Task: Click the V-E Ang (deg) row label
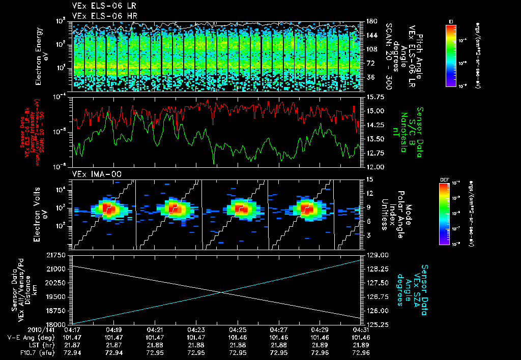pyautogui.click(x=28, y=337)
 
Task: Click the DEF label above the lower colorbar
pyautogui.click(x=443, y=180)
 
